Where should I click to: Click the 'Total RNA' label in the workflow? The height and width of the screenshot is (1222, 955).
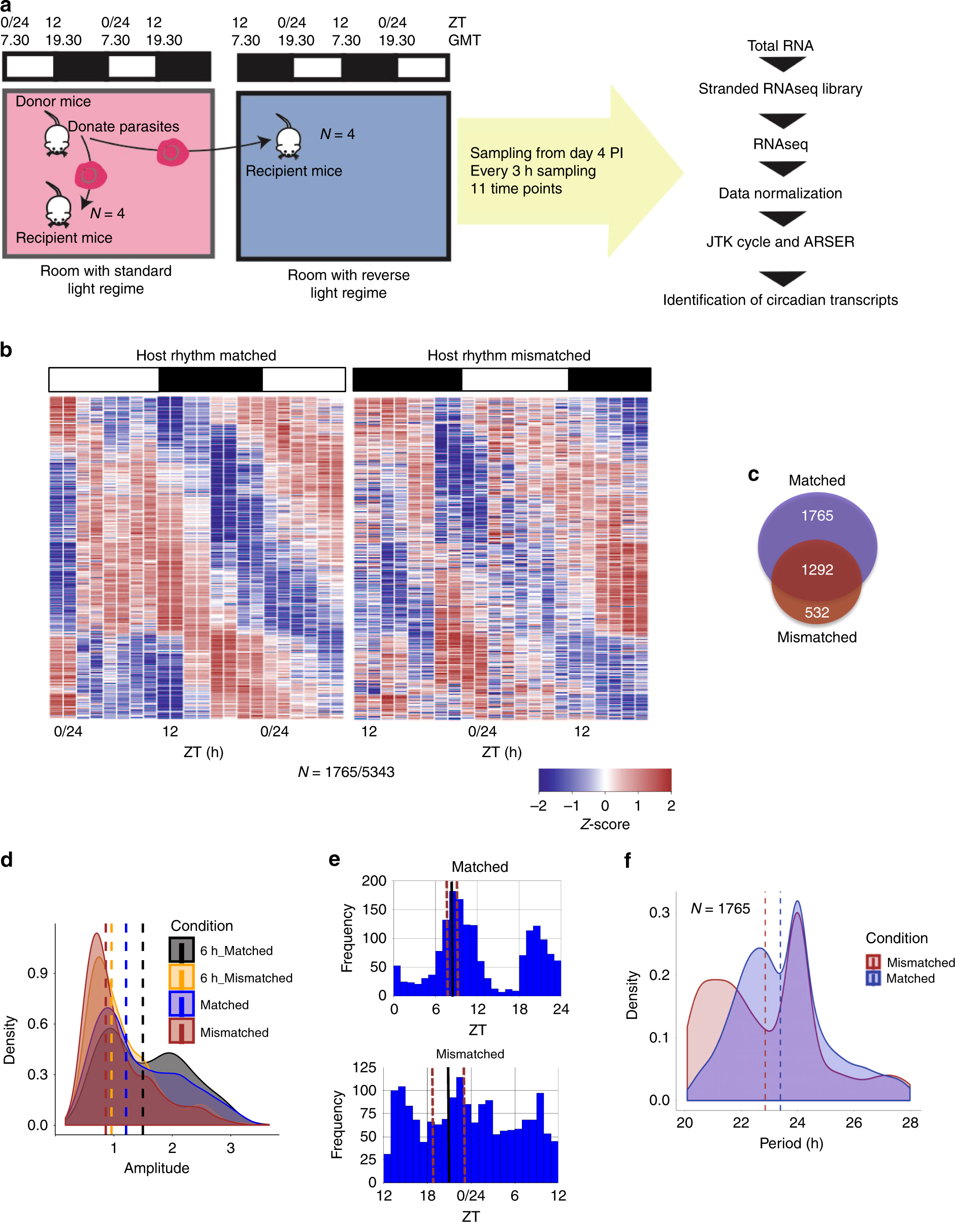[780, 46]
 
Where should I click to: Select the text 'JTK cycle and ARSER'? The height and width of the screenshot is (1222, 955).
[780, 242]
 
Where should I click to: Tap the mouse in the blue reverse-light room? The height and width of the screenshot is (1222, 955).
[288, 138]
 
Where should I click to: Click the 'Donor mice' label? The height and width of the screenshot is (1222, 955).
[53, 101]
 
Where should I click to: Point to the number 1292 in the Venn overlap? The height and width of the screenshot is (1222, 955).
[817, 569]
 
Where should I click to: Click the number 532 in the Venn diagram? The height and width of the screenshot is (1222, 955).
[817, 612]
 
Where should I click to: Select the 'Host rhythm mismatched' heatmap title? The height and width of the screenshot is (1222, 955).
[508, 355]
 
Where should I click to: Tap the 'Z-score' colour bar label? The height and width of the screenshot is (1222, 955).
[605, 824]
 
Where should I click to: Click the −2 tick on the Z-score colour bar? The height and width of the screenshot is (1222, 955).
[539, 806]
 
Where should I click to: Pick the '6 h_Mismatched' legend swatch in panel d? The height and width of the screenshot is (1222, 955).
[181, 977]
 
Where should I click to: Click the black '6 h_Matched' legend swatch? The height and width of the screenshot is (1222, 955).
[181, 950]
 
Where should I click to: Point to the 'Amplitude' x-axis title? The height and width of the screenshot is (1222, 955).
[157, 1168]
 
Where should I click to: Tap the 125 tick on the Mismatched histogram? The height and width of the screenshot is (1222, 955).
[364, 1068]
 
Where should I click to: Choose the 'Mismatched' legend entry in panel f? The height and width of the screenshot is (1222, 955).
[920, 962]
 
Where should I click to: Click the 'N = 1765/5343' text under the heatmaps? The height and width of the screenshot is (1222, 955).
[346, 772]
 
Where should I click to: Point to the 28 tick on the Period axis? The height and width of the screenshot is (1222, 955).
[910, 1123]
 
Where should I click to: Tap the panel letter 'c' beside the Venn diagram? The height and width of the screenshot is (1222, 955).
[753, 474]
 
